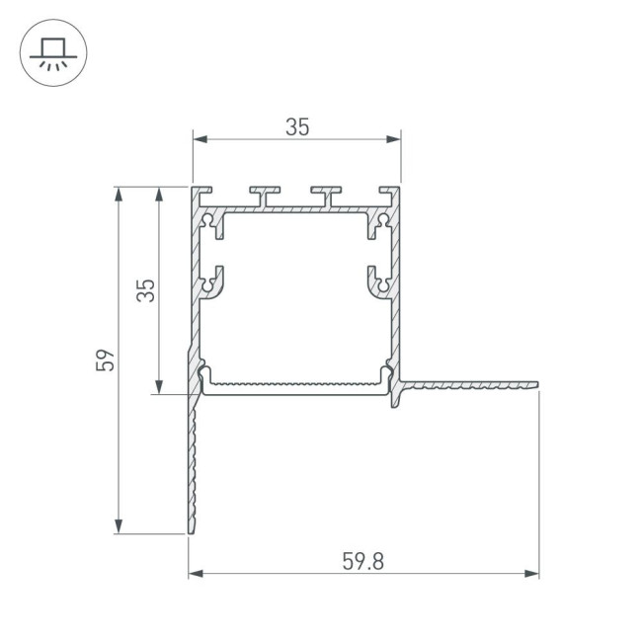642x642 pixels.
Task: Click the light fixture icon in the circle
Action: [53, 53]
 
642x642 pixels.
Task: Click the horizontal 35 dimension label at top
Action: [297, 126]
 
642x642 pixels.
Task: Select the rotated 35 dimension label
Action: [146, 289]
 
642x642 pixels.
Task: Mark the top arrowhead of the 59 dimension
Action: [119, 193]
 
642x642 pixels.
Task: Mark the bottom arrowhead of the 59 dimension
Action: [119, 528]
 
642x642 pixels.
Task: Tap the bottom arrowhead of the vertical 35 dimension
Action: [158, 388]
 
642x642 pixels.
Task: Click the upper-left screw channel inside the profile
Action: [212, 223]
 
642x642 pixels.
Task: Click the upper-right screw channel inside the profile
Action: [378, 223]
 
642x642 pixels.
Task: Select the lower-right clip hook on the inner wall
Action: [378, 281]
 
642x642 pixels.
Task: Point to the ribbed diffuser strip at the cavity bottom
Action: [295, 381]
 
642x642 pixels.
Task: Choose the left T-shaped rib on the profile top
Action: [265, 194]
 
